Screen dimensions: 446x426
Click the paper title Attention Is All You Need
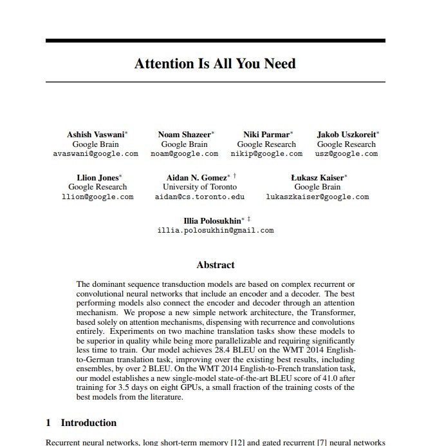tap(215, 64)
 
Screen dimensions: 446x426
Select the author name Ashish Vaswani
tap(96, 135)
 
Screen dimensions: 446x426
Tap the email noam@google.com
tap(184, 154)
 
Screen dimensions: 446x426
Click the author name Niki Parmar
tap(267, 135)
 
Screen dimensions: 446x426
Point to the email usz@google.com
tap(346, 154)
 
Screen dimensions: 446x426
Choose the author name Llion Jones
tap(97, 177)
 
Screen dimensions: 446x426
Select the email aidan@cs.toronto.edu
tap(199, 197)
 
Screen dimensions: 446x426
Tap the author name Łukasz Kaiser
tap(317, 177)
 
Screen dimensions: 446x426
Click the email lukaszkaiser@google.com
tap(317, 197)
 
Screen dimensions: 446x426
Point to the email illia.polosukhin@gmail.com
tap(215, 230)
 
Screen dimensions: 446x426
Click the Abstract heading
tap(215, 265)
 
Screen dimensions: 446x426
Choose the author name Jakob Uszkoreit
tap(346, 135)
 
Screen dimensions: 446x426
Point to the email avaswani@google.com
tap(95, 154)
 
